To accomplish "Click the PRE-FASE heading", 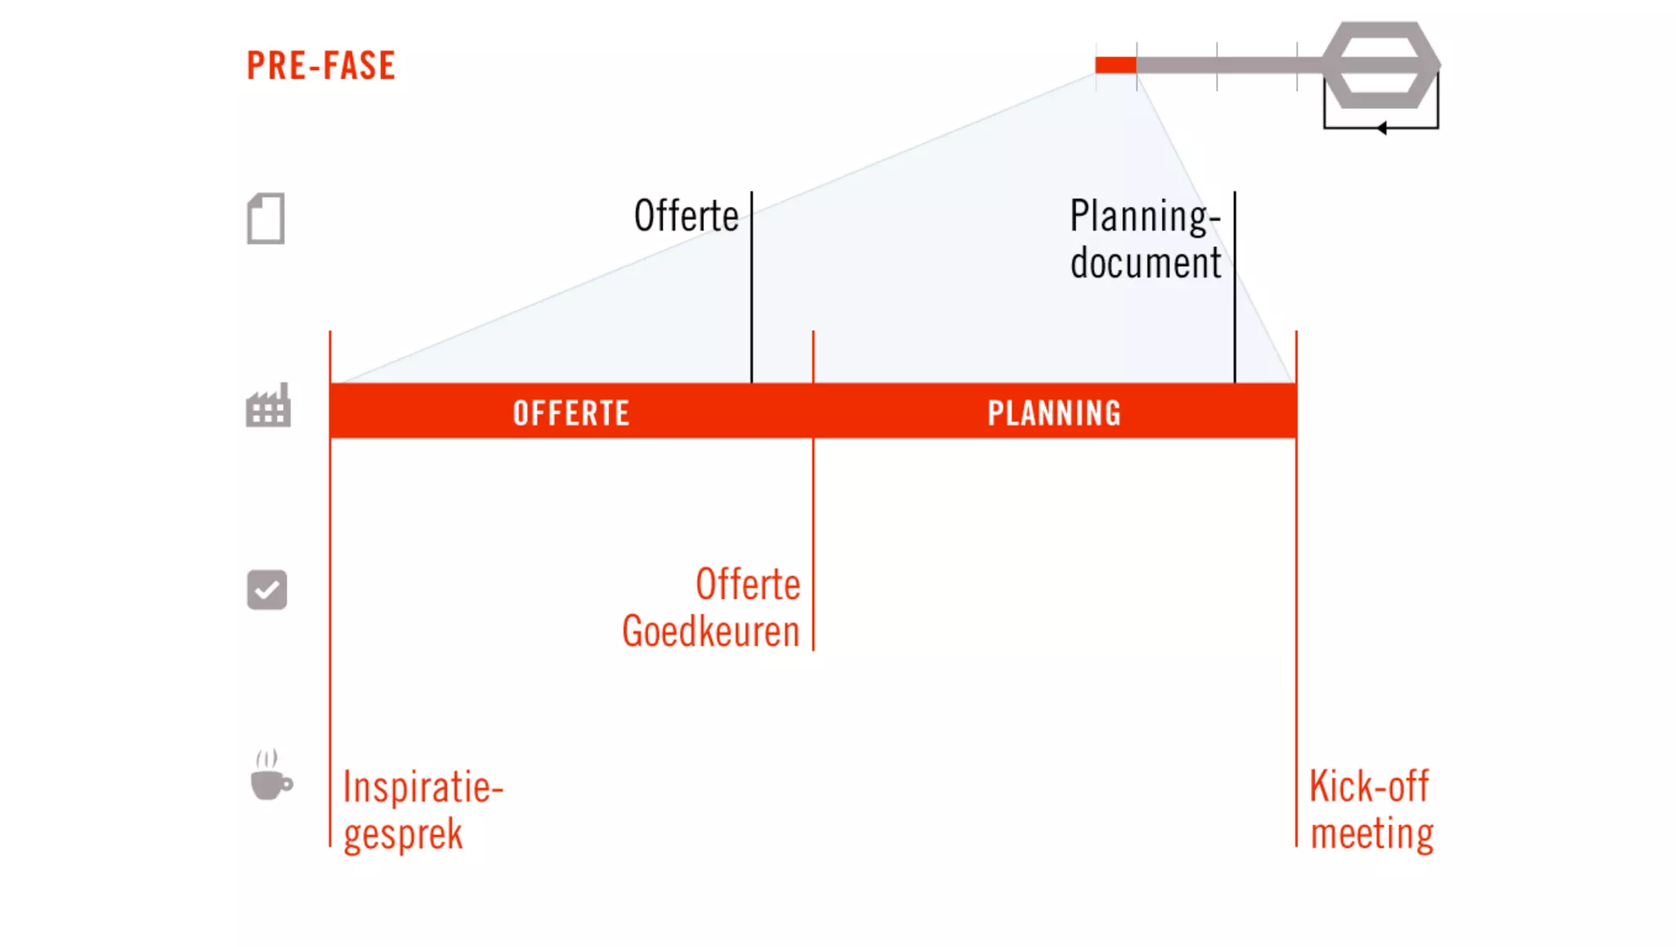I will pos(321,65).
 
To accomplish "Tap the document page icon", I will pos(266,219).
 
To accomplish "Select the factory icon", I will pos(268,406).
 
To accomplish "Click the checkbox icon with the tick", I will pos(267,589).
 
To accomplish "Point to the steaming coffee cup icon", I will pos(270,776).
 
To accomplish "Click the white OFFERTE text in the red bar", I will pos(571,413).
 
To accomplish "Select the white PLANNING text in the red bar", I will pos(1054,413).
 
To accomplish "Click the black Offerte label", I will pos(686,216).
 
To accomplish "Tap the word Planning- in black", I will pos(1145,217).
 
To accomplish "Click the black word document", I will pos(1145,264).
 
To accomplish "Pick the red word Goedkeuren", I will pos(710,632).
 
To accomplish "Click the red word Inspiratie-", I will pos(422,787).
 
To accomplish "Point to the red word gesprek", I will pos(403,835).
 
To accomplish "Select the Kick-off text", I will pos(1368,787).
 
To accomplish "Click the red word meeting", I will pos(1372,834).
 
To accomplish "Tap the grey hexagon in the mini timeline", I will pos(1381,65).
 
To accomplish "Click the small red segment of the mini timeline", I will pos(1115,65).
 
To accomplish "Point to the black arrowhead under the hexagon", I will pos(1381,128).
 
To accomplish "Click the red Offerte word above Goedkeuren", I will pos(748,584).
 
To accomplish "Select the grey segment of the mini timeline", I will pos(1228,65).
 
